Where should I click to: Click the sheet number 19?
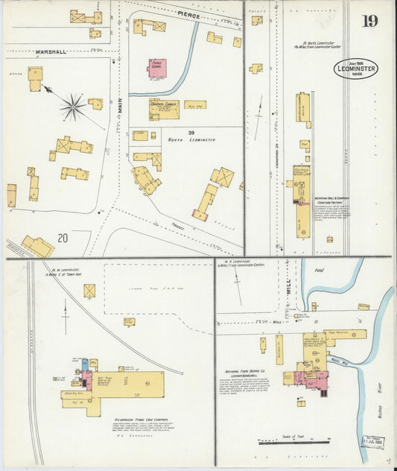pos(369,21)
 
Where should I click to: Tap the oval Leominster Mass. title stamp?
pos(355,69)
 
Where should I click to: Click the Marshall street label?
pos(51,51)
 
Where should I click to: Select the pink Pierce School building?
pos(157,68)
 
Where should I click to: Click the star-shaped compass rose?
pos(72,107)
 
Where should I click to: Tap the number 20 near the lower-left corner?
pos(63,238)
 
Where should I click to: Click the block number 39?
pos(171,132)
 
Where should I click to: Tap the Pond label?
pos(320,271)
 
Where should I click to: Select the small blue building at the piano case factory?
pos(85,364)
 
